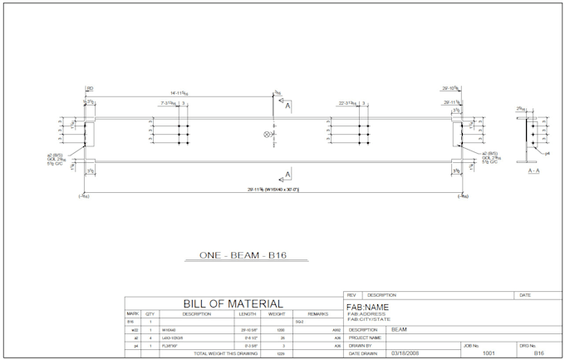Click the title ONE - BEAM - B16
pos(243,255)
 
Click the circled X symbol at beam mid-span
pos(268,134)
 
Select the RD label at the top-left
pos(89,87)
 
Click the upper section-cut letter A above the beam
pos(287,107)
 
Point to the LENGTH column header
pos(248,314)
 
